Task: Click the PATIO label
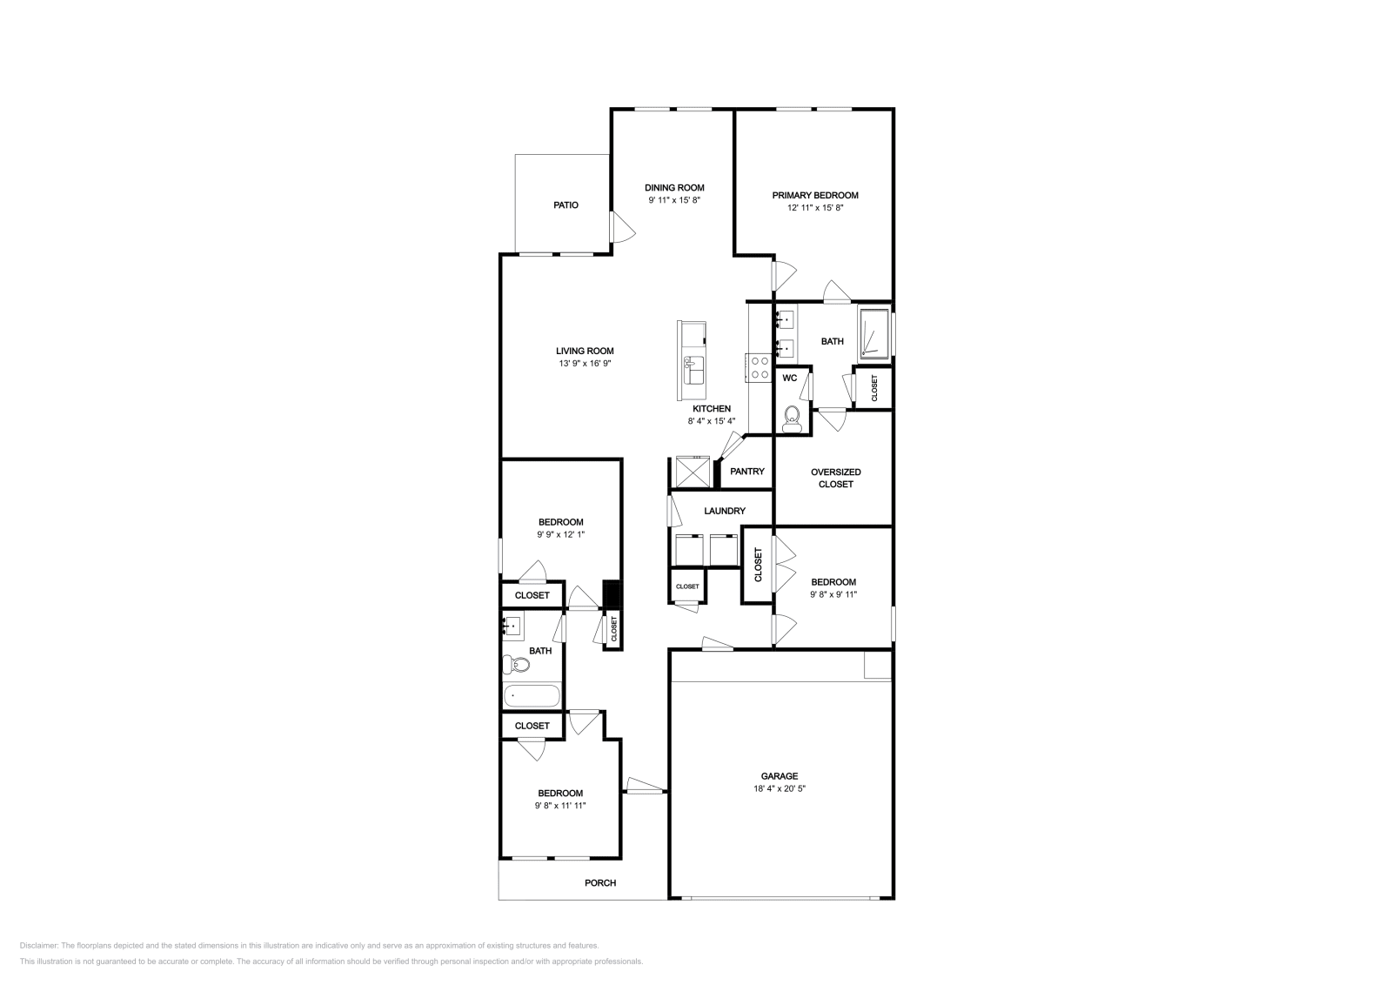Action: pyautogui.click(x=565, y=205)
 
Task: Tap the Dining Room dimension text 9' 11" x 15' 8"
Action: pyautogui.click(x=674, y=200)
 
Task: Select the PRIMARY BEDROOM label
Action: pyautogui.click(x=815, y=195)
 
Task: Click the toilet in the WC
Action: pyautogui.click(x=791, y=419)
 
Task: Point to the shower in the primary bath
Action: pyautogui.click(x=875, y=334)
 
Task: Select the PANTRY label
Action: pyautogui.click(x=747, y=472)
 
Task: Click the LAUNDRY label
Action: pyautogui.click(x=725, y=511)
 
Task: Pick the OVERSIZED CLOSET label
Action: pyautogui.click(x=836, y=478)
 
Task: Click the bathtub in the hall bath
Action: pyautogui.click(x=532, y=696)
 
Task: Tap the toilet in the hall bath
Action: pyautogui.click(x=516, y=664)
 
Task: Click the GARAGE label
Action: pyautogui.click(x=780, y=776)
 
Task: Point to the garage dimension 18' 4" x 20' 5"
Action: pyautogui.click(x=780, y=788)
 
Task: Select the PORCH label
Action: pyautogui.click(x=600, y=882)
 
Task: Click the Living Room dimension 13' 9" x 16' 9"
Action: pyautogui.click(x=585, y=364)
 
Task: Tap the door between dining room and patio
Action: pyautogui.click(x=621, y=227)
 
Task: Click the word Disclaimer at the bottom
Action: pyautogui.click(x=38, y=946)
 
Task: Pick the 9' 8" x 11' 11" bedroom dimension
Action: pyautogui.click(x=560, y=806)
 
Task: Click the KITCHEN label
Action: pyautogui.click(x=712, y=409)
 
